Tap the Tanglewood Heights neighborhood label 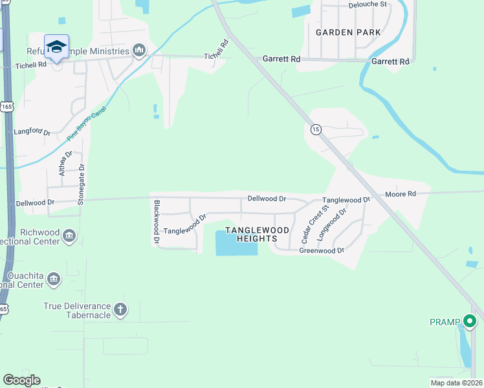tap(257, 234)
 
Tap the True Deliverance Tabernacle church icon tap(120, 310)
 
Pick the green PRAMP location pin tap(469, 320)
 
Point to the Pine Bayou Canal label tap(86, 124)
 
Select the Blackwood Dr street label tap(157, 221)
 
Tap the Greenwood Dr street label tap(321, 250)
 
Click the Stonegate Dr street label tap(82, 184)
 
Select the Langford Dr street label tap(32, 132)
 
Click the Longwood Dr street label tap(333, 221)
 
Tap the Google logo tap(21, 380)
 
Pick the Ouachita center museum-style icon tap(53, 279)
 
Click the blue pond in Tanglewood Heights tap(236, 243)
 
